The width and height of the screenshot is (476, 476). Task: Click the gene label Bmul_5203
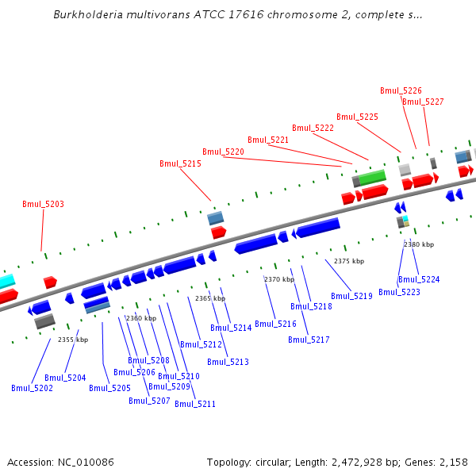click(43, 204)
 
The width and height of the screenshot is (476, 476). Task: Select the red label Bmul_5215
click(180, 163)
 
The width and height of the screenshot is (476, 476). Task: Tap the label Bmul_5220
click(223, 152)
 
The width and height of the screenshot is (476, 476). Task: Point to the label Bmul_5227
click(423, 102)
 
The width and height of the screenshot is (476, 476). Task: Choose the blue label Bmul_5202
click(32, 388)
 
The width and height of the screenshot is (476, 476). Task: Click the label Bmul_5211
click(195, 404)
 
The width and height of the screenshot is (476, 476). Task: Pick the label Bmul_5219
click(351, 296)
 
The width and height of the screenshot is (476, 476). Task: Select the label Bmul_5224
click(419, 279)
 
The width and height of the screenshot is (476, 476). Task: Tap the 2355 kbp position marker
click(73, 340)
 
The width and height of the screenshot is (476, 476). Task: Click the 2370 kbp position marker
click(279, 279)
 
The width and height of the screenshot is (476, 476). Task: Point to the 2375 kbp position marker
click(349, 261)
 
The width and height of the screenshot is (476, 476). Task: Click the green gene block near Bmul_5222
click(372, 177)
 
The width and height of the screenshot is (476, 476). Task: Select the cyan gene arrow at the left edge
click(6, 281)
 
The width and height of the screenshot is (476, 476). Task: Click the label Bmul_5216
click(275, 324)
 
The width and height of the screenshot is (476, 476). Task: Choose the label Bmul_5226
click(401, 90)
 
